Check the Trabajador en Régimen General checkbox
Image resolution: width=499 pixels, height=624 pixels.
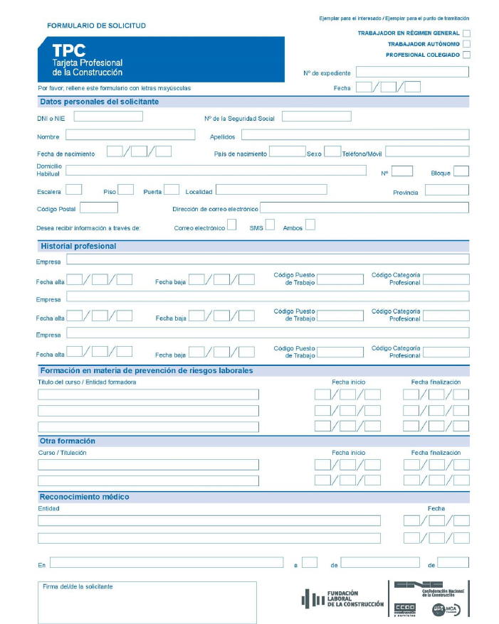point(466,33)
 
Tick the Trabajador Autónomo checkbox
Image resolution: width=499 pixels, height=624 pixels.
point(466,43)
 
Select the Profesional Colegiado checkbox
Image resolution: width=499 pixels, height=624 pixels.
point(466,55)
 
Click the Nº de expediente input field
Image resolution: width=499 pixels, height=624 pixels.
point(412,72)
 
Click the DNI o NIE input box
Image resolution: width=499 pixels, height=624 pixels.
point(107,117)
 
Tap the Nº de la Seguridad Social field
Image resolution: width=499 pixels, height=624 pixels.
point(316,117)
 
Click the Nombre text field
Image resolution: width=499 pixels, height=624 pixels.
point(130,135)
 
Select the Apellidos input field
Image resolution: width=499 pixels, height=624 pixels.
point(354,135)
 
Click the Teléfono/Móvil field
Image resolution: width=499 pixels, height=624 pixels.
point(426,151)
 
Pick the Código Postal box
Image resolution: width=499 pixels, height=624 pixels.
point(99,208)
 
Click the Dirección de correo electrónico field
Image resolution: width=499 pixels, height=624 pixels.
point(364,208)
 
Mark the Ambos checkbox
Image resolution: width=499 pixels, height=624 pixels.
point(310,226)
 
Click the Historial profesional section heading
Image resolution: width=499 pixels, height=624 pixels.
point(78,246)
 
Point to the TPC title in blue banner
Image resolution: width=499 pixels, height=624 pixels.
point(68,50)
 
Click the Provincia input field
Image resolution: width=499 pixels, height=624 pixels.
point(446,190)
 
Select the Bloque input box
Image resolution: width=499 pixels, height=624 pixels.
point(461,171)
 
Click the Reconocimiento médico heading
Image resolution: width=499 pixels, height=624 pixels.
point(85,497)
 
